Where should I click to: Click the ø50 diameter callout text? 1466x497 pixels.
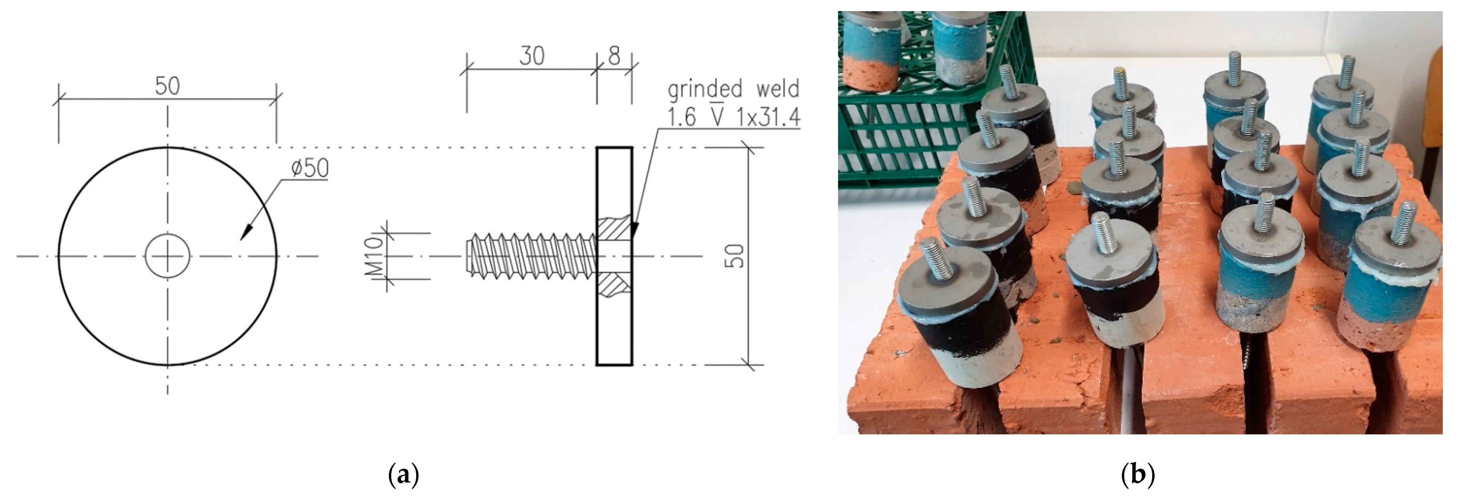coord(309,168)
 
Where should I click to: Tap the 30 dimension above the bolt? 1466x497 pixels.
coord(532,56)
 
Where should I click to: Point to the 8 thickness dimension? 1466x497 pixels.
coord(614,56)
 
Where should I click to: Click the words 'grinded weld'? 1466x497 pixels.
coord(733,89)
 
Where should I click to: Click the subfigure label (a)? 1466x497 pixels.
coord(403,474)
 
